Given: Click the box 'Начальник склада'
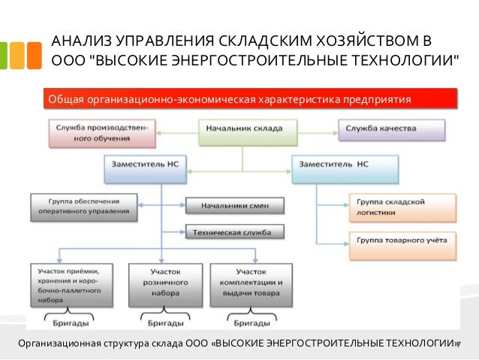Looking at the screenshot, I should (243, 129).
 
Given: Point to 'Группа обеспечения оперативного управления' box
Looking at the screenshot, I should (84, 206).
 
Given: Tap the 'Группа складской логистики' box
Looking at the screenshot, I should (402, 207).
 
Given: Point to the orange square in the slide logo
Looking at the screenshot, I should (33, 55).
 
